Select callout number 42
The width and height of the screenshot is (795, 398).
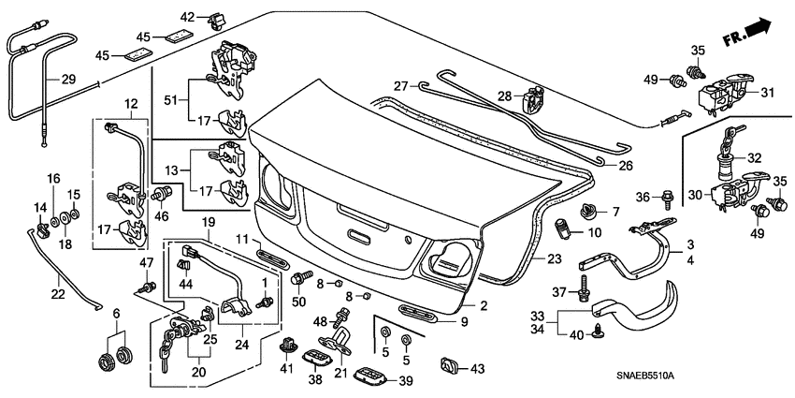point(188,17)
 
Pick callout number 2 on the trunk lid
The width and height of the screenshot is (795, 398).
point(484,305)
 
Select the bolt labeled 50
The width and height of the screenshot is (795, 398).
point(302,278)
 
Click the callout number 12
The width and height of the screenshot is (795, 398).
point(129,103)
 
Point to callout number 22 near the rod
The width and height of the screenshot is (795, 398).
point(57,295)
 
